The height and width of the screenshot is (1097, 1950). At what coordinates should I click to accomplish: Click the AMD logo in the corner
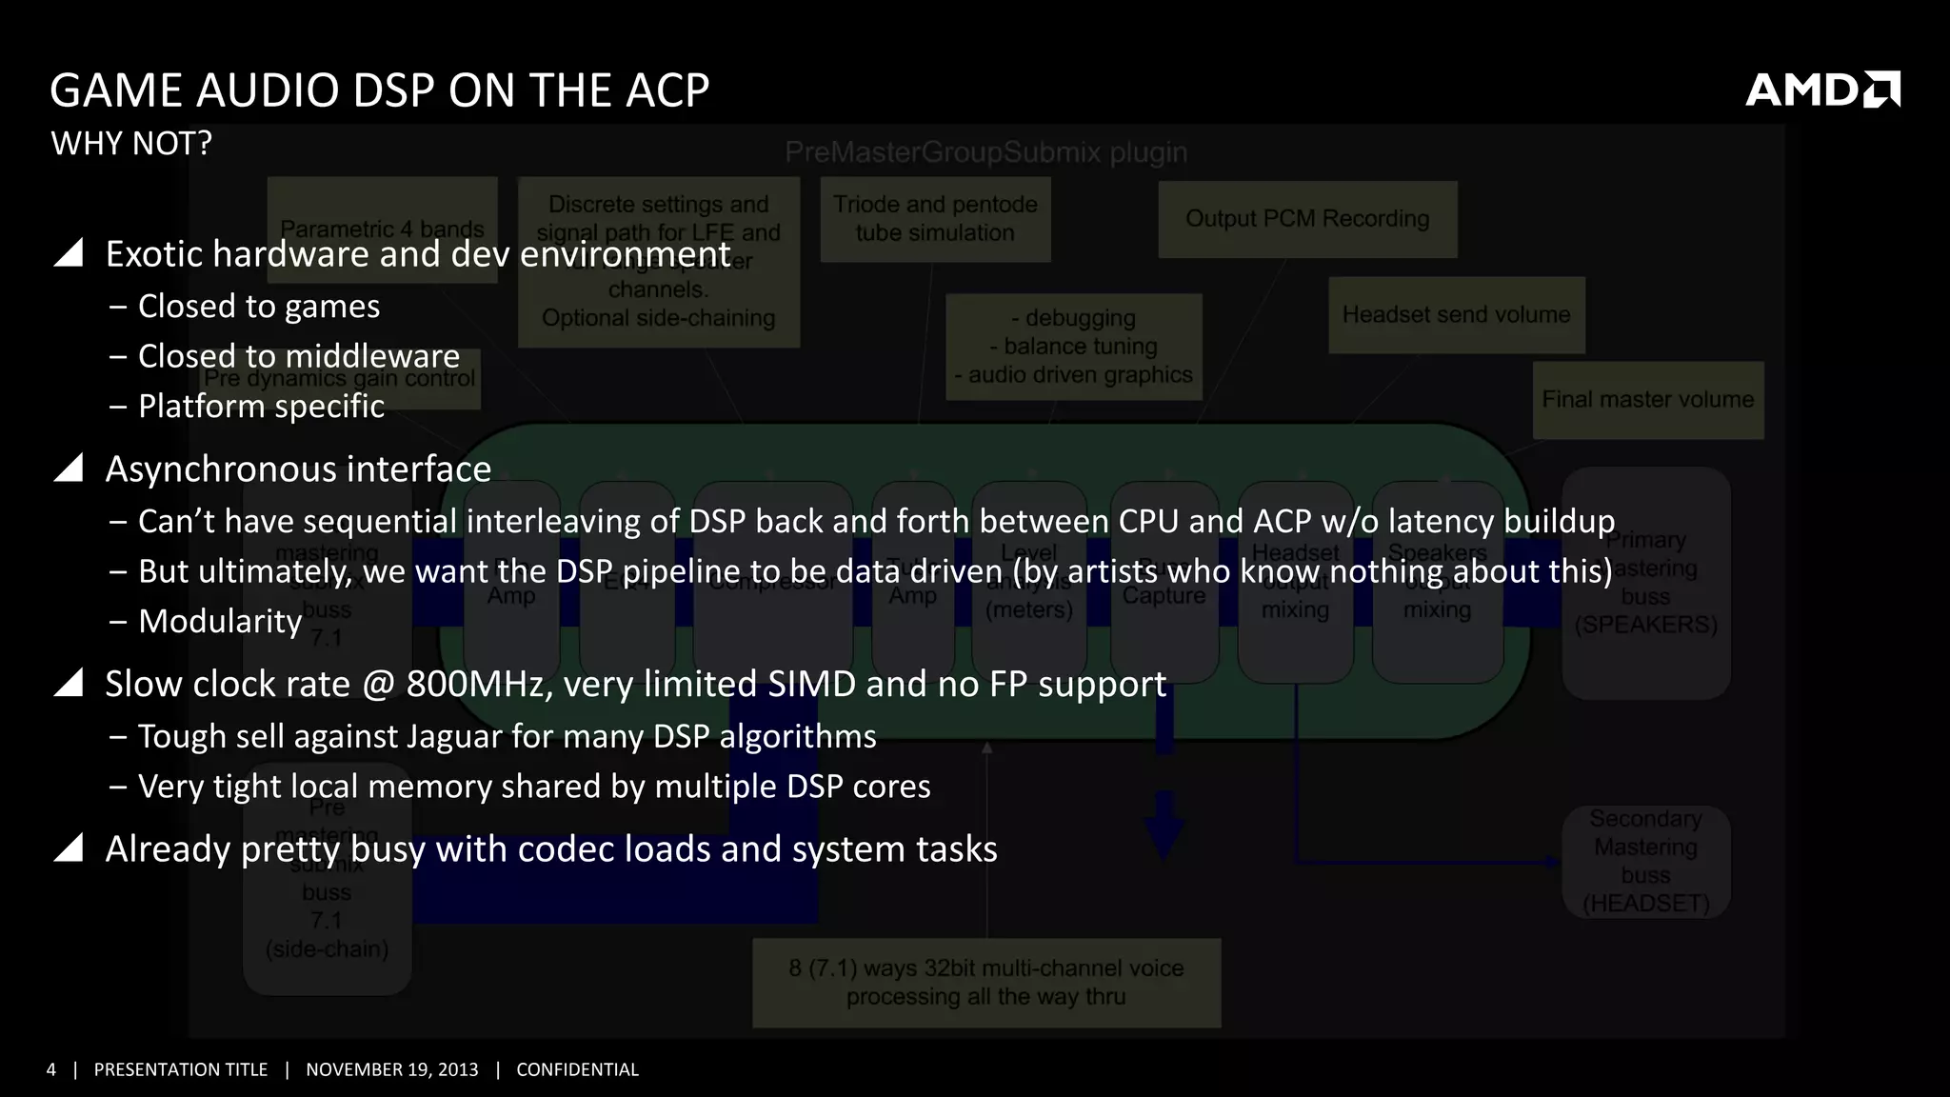coord(1821,90)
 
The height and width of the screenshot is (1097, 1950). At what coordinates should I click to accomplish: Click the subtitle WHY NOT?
coord(131,144)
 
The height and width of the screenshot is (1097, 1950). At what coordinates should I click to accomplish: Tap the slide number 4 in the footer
coord(51,1069)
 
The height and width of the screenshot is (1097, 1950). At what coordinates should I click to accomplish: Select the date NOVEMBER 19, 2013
coord(391,1069)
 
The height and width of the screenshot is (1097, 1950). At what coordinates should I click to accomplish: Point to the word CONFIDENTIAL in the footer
coord(577,1069)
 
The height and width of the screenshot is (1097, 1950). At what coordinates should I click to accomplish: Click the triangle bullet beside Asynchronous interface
coord(70,469)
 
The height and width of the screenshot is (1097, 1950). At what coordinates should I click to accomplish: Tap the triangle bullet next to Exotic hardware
coord(70,253)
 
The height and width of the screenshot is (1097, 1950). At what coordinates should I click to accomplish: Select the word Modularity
coord(220,621)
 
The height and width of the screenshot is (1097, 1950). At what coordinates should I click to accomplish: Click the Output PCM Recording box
coord(1307,219)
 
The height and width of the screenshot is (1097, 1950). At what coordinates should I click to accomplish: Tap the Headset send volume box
coord(1456,315)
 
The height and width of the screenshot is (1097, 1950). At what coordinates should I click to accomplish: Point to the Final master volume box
coord(1647,400)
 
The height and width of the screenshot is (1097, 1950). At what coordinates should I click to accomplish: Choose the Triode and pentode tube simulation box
coord(935,219)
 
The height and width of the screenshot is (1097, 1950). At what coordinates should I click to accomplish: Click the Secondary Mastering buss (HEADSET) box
coord(1645,861)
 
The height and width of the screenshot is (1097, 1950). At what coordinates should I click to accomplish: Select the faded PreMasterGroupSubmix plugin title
coord(985,152)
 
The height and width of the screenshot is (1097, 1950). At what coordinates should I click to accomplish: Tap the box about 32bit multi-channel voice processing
coord(985,983)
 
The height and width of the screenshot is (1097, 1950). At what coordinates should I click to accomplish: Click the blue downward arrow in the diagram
coord(1164,825)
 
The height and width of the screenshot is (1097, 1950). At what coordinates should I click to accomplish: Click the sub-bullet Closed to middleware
coord(298,356)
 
